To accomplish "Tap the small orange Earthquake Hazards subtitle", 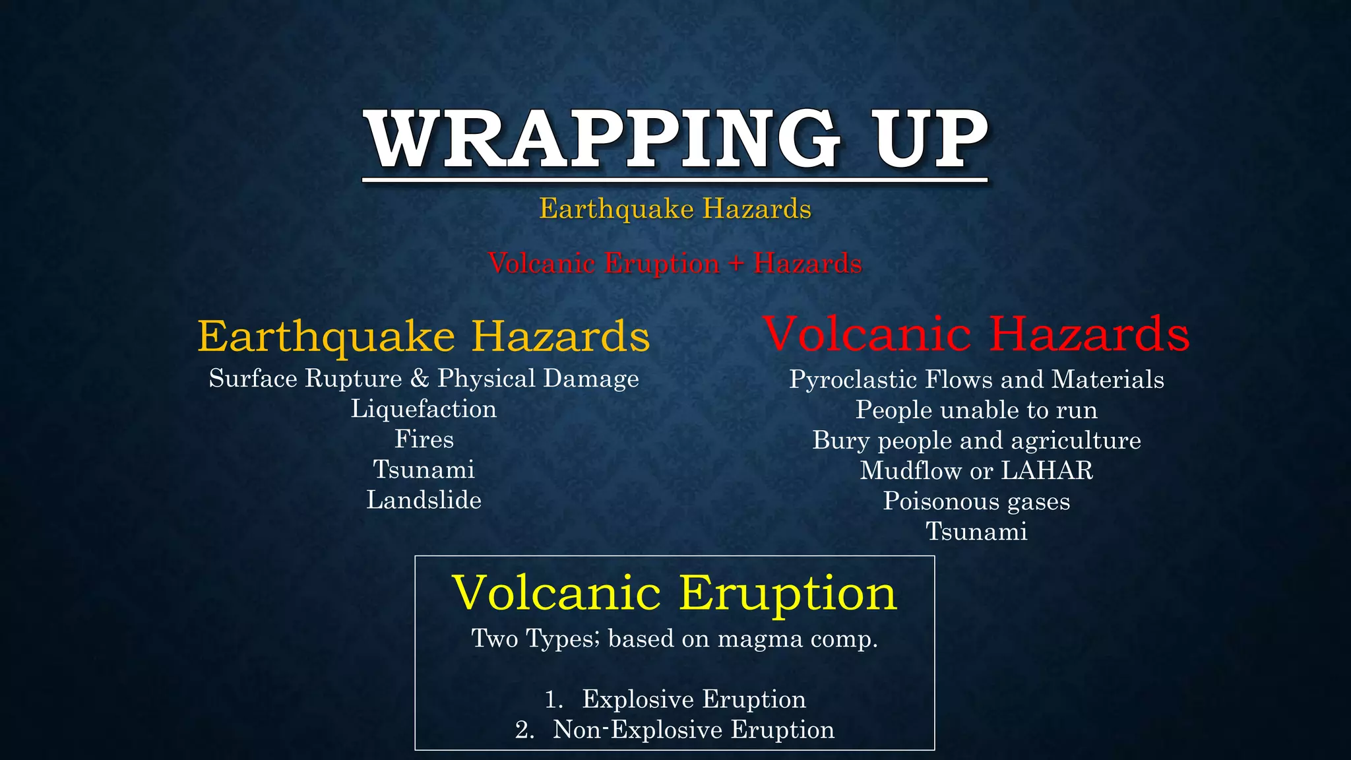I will click(675, 209).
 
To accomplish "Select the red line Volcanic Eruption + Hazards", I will click(675, 263).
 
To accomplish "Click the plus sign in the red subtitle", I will click(736, 264).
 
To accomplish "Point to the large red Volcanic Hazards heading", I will click(976, 334).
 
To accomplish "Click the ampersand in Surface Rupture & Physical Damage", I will click(420, 379).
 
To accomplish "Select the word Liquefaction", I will click(424, 409).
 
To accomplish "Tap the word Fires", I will click(424, 439).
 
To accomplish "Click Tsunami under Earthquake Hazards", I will click(424, 470).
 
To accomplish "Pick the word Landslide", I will click(424, 500).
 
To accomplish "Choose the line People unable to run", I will click(976, 410).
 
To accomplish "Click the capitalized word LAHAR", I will click(1047, 471).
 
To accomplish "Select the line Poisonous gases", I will click(976, 501).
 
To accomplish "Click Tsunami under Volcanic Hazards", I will click(976, 532).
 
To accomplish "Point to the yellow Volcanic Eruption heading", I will click(675, 592).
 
